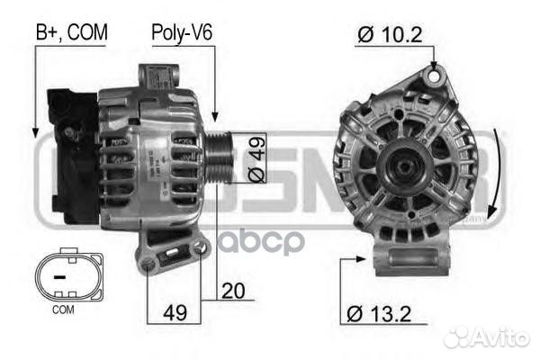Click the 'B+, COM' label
(71, 32)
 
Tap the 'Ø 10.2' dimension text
(388, 35)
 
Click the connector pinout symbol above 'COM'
(60, 276)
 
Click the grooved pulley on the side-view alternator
(220, 160)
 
